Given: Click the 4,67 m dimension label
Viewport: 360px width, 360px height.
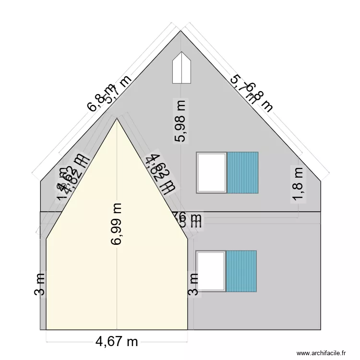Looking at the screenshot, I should (117, 342).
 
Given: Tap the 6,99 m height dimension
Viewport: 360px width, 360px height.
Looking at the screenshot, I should (117, 224).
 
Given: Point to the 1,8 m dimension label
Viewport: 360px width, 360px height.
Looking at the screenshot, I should (298, 183).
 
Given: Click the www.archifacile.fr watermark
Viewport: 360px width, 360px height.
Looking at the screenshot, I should (321, 353).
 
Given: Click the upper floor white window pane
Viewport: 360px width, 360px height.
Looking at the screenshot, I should (211, 172).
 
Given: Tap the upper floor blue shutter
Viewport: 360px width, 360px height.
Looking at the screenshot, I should (242, 172).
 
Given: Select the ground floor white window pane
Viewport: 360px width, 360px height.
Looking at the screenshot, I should (211, 271).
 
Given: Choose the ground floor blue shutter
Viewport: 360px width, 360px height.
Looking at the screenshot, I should (241, 271).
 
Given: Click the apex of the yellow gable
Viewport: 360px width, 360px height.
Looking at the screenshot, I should (117, 119).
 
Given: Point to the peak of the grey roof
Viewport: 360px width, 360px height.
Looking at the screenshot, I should (181, 31).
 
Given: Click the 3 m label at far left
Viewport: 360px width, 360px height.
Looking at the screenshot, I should (40, 284).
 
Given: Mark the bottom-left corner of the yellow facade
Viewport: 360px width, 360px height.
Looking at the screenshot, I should (46, 330).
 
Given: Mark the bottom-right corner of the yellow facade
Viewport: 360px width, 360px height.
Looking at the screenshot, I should (187, 330).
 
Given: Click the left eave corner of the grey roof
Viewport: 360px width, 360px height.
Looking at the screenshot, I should (40, 181).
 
